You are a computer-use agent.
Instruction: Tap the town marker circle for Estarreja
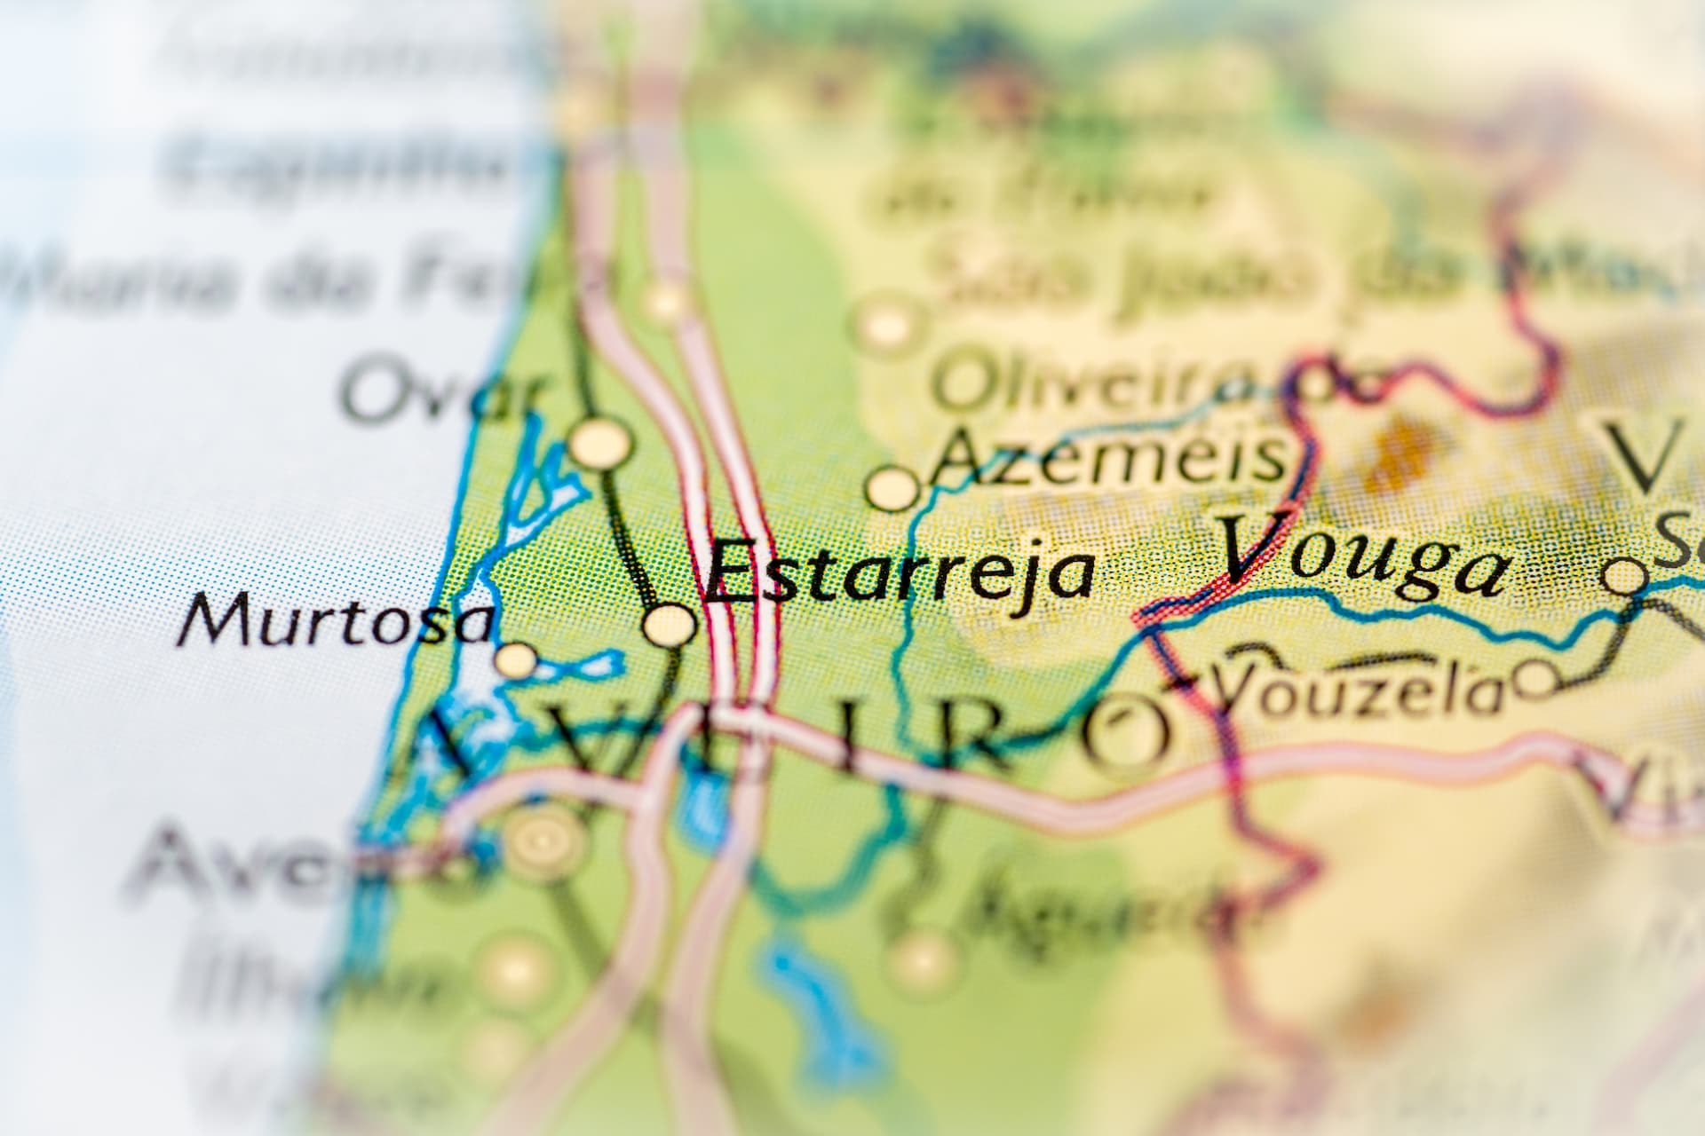coord(670,625)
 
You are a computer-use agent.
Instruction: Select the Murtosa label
coord(336,620)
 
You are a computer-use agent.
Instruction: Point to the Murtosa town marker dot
coord(515,660)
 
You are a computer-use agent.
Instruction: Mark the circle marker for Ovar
coord(601,441)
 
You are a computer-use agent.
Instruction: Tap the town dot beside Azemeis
coord(892,488)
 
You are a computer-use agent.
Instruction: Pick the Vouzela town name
coord(1359,692)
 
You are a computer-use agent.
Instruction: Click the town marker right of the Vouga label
coord(1627,578)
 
